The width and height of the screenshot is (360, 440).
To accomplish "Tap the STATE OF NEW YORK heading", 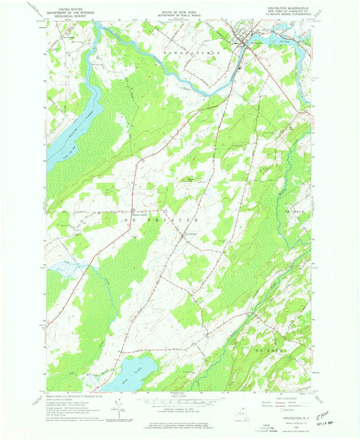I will (178, 6).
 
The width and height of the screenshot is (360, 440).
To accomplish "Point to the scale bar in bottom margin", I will (178, 399).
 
